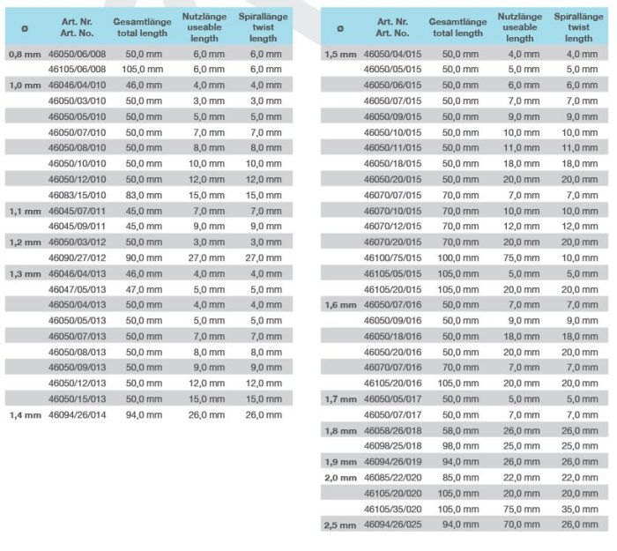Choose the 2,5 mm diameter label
340,525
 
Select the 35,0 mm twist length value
579,510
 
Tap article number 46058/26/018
393,430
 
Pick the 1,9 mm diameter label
340,462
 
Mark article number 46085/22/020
393,478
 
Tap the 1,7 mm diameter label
340,399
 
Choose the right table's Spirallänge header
578,27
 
